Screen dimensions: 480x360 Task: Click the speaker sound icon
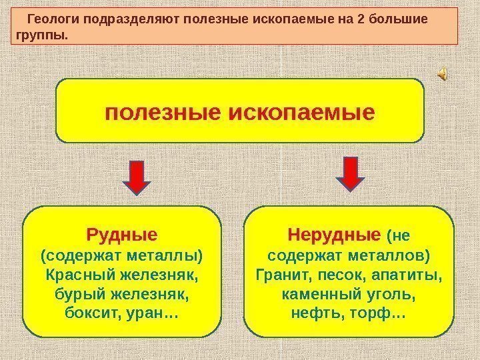click(443, 77)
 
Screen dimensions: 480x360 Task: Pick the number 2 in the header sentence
click(361, 19)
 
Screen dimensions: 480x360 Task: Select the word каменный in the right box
click(313, 292)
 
